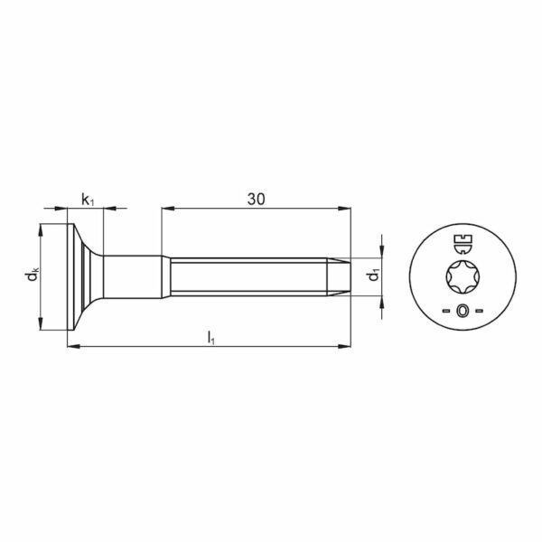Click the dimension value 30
tap(257, 199)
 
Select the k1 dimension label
tap(88, 201)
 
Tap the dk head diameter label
tap(33, 276)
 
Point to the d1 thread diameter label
tap(372, 276)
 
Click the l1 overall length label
tap(210, 337)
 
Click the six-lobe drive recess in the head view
tap(462, 276)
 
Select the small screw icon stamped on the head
tap(463, 244)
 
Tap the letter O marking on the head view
tap(462, 311)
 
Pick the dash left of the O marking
tap(446, 311)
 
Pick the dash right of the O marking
tap(479, 311)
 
